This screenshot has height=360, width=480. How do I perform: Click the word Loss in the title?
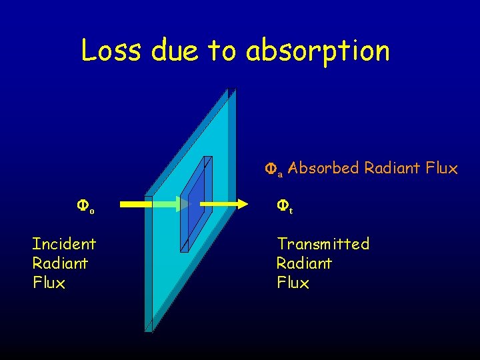108,50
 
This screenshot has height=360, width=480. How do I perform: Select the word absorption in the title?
317,51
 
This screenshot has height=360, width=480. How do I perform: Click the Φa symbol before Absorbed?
274,169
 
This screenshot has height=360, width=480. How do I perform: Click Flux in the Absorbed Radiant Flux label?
441,168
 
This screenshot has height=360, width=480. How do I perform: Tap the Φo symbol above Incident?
86,206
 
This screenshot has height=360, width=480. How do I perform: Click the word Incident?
64,244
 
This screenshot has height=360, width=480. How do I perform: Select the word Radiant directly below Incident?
60,263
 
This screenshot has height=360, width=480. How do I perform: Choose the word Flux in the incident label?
49,283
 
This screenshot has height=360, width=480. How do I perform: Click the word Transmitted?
323,244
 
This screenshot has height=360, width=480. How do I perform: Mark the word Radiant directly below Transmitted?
304,263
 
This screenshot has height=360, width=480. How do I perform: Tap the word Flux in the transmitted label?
293,283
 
